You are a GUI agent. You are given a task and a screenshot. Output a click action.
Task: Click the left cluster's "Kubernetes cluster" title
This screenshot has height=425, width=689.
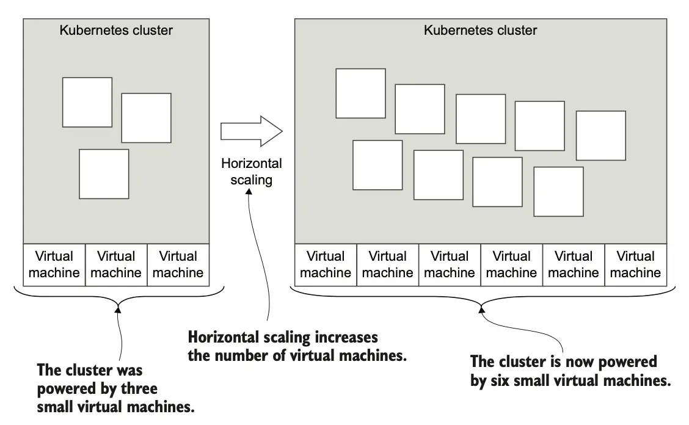(x=116, y=30)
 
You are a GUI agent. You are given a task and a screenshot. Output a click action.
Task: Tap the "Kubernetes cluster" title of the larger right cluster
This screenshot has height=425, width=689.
(x=481, y=30)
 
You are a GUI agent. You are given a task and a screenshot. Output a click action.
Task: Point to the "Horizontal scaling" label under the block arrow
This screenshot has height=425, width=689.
(x=252, y=172)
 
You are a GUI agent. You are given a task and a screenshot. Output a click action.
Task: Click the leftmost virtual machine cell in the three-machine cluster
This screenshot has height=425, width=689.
(x=54, y=264)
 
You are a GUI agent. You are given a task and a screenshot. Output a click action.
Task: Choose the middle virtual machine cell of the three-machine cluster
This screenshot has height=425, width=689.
(x=116, y=264)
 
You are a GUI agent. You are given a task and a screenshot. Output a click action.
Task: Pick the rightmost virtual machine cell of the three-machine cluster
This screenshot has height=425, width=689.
(x=178, y=264)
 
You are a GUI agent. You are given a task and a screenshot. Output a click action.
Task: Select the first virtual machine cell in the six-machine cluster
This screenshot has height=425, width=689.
(x=326, y=264)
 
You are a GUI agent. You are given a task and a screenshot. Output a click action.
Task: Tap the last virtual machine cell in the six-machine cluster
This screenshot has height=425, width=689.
(x=635, y=264)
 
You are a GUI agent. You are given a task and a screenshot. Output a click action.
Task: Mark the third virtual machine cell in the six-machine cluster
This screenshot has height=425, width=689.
(x=450, y=264)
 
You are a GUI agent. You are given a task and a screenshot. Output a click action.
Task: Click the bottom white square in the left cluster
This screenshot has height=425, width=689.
(x=104, y=173)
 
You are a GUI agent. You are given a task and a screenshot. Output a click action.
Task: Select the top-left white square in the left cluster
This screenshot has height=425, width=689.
(x=87, y=102)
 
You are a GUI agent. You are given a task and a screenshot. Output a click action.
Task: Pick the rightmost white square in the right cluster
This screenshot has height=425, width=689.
(x=601, y=136)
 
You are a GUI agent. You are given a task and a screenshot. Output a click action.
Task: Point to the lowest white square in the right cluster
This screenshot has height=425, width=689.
(x=558, y=191)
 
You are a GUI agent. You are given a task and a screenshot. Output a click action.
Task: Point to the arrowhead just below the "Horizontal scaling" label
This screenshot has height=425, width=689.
(x=249, y=191)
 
